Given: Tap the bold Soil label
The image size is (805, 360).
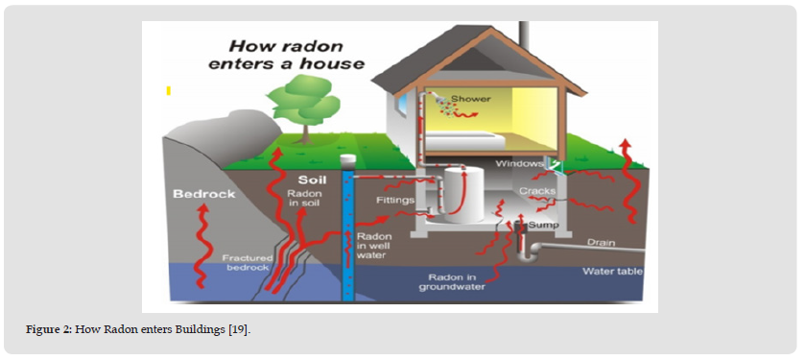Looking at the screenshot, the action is (313, 180).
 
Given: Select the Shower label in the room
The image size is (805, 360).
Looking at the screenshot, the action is (471, 98).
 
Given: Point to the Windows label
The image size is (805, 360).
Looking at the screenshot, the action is (520, 164).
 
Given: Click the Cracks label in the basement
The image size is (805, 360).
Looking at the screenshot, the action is (537, 191).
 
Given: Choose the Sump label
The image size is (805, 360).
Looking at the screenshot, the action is (543, 225).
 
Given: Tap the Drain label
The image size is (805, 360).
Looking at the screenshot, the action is (602, 242).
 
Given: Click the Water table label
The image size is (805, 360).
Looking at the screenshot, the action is (612, 271).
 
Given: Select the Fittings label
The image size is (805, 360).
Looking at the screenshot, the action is (394, 201).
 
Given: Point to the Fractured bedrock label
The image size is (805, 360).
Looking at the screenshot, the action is (244, 262).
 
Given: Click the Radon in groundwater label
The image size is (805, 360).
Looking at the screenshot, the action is (452, 282).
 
